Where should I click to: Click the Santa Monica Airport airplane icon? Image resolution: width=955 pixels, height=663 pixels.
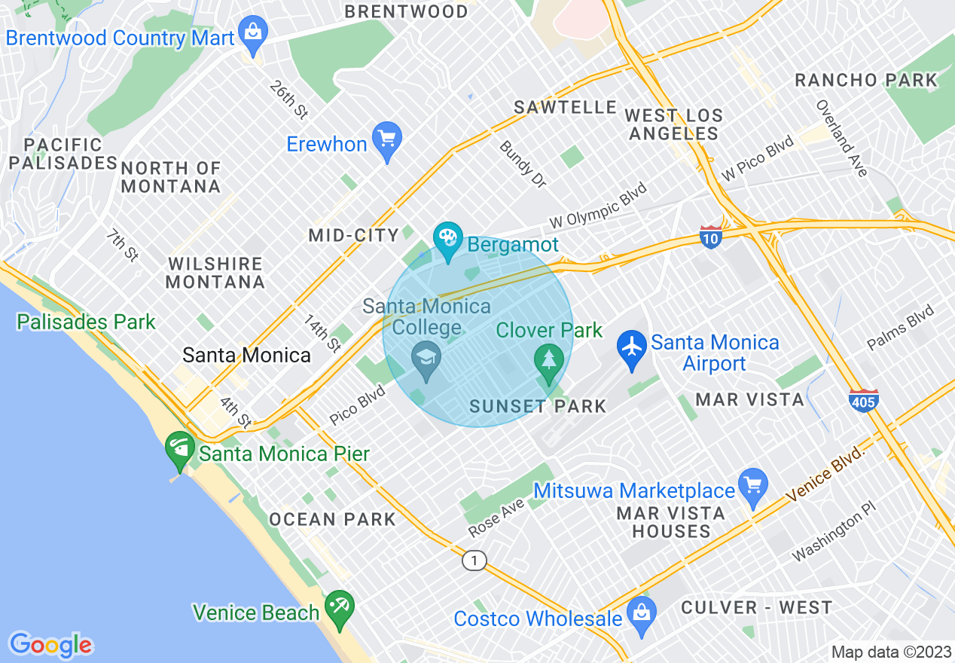point(631,347)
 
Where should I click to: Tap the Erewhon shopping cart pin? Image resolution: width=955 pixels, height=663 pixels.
point(387,139)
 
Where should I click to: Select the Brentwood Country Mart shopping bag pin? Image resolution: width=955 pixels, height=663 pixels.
point(253,33)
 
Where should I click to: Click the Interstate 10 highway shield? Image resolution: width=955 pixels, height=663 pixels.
point(711,237)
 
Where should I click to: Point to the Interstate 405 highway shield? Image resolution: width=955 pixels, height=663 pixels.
point(863,399)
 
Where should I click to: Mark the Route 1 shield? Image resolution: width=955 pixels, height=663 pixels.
point(474,561)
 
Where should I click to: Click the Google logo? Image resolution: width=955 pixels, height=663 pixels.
point(50,645)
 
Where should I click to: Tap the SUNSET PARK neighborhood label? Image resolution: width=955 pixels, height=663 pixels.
point(538,407)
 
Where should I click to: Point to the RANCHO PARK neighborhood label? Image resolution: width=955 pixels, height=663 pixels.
point(866,81)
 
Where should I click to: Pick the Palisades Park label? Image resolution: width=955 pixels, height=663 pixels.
point(86,322)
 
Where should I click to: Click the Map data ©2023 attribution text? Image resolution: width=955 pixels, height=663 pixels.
point(891,652)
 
